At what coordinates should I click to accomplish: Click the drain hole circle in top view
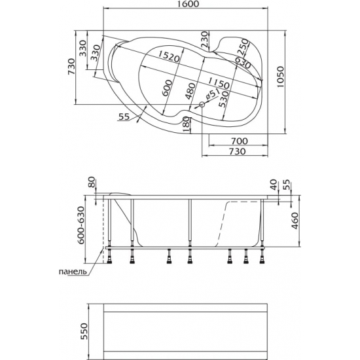click(202, 105)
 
